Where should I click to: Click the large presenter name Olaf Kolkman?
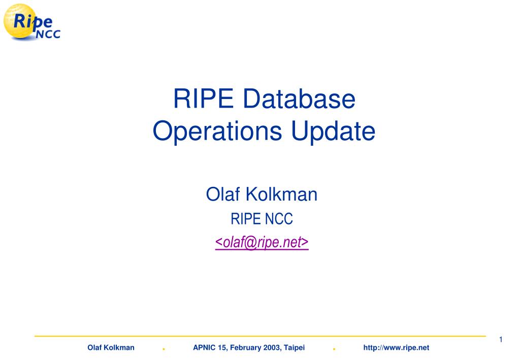click(x=262, y=194)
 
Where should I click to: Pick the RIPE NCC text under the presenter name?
click(x=262, y=219)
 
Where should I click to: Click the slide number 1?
click(x=501, y=340)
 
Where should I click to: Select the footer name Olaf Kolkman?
click(x=111, y=347)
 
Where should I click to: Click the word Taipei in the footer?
click(x=295, y=347)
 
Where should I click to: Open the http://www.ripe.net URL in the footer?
click(x=396, y=347)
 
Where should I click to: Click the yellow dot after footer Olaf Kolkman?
click(x=164, y=349)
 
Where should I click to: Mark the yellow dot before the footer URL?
click(x=334, y=349)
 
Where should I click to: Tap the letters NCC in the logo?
click(x=49, y=35)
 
